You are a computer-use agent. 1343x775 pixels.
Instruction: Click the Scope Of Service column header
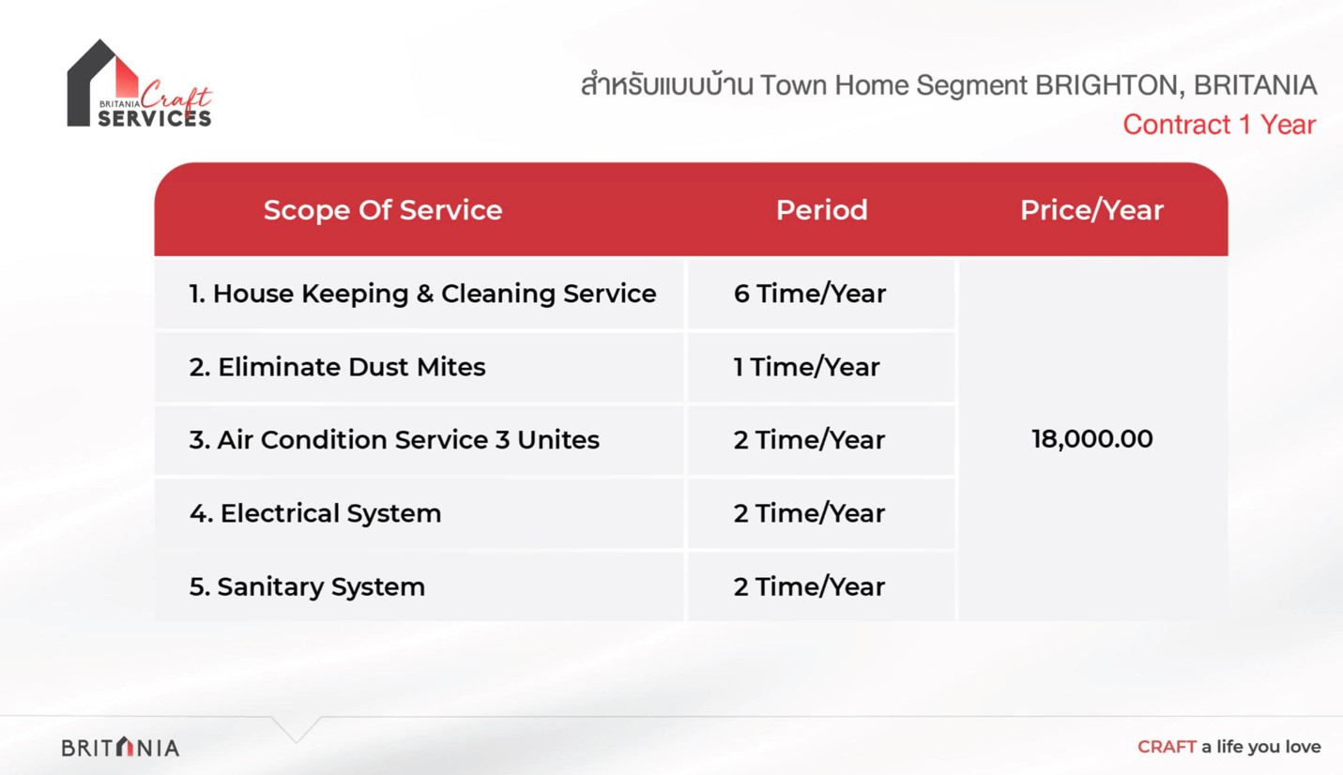click(x=383, y=210)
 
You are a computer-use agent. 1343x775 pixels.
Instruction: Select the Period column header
click(x=822, y=210)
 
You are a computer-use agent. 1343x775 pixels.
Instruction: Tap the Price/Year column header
click(x=1091, y=210)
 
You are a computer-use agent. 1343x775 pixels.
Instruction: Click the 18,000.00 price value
click(x=1091, y=439)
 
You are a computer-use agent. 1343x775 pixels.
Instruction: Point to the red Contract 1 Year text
click(x=1219, y=125)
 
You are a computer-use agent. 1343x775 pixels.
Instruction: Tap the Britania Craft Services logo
click(x=139, y=84)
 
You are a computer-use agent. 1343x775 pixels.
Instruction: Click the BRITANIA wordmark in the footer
click(x=120, y=747)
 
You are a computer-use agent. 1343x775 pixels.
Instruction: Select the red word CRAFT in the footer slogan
click(x=1167, y=747)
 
